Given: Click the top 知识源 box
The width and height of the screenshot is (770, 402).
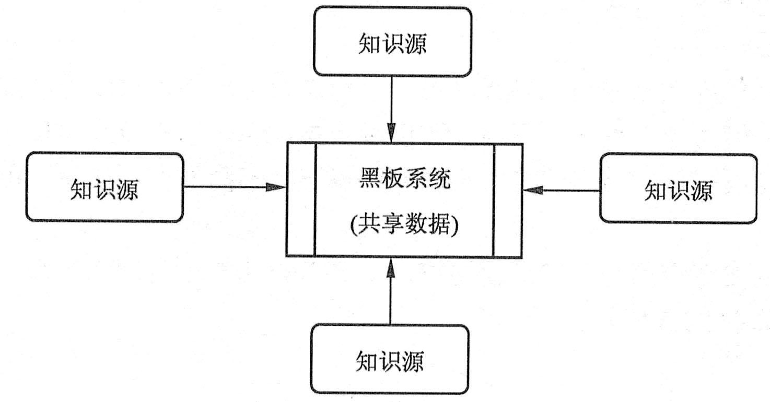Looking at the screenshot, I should coord(392,42).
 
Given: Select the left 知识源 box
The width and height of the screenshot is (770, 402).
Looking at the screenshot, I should coord(104,187).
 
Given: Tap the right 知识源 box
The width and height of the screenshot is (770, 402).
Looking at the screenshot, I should coord(678,189).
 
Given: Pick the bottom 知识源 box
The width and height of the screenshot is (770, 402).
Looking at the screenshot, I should coord(390,359).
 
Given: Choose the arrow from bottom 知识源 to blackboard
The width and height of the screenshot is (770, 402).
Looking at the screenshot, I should coord(390,295).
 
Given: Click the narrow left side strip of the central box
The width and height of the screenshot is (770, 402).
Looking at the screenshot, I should coord(301,199).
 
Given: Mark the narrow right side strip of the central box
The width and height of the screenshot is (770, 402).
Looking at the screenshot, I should coord(507,201).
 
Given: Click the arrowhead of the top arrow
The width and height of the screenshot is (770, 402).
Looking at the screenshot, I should coord(391,133).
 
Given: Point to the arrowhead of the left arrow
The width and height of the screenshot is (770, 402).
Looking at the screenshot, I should coord(276,187).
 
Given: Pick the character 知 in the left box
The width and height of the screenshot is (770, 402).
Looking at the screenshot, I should coord(81,189).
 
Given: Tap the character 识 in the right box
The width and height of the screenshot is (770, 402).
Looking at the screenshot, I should coord(678,191).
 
